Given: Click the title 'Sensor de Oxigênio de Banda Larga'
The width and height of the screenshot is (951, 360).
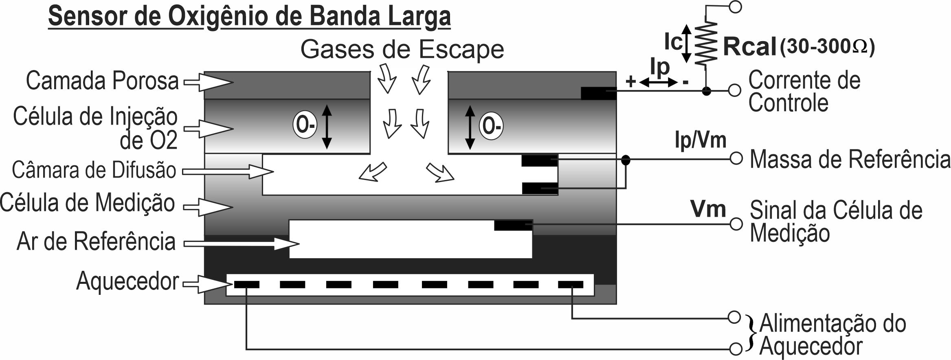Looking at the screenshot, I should tap(249, 17).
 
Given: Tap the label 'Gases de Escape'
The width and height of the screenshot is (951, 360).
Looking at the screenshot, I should tap(402, 50).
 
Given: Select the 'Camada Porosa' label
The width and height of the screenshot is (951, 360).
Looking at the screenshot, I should tap(102, 81).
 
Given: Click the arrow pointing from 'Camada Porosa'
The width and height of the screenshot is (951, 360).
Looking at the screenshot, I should tap(208, 82).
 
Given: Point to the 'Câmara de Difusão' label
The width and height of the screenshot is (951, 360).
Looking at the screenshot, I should tap(94, 170).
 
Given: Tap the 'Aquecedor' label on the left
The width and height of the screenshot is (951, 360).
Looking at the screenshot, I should tap(127, 281).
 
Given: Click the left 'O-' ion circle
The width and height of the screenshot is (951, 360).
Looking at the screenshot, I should tap(304, 125).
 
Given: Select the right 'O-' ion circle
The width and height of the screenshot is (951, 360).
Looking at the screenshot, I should tap(491, 126).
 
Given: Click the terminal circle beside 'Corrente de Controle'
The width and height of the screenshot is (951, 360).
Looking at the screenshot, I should tap(734, 90).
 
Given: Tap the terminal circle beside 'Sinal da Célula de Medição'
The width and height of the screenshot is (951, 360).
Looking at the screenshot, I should tap(736, 224).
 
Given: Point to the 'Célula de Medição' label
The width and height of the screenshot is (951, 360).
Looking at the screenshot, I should tap(88, 202).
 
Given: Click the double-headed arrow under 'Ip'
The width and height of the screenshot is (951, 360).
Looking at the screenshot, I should tap(658, 83).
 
